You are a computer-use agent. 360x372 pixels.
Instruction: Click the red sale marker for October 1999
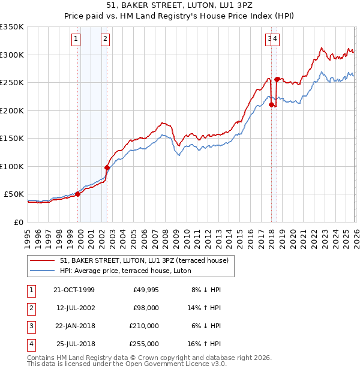(78, 194)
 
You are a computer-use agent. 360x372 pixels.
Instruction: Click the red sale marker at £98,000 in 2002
(107, 167)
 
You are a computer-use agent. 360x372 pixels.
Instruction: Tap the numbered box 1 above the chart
(76, 40)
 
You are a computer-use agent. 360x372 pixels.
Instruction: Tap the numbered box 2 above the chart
(105, 40)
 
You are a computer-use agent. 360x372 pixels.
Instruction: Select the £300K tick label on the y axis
(12, 55)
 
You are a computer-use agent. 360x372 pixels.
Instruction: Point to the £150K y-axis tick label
(12, 139)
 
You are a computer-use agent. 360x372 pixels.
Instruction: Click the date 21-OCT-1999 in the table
(74, 290)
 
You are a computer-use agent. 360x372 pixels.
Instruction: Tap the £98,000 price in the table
(145, 308)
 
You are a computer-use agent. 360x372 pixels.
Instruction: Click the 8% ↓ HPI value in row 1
(206, 290)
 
